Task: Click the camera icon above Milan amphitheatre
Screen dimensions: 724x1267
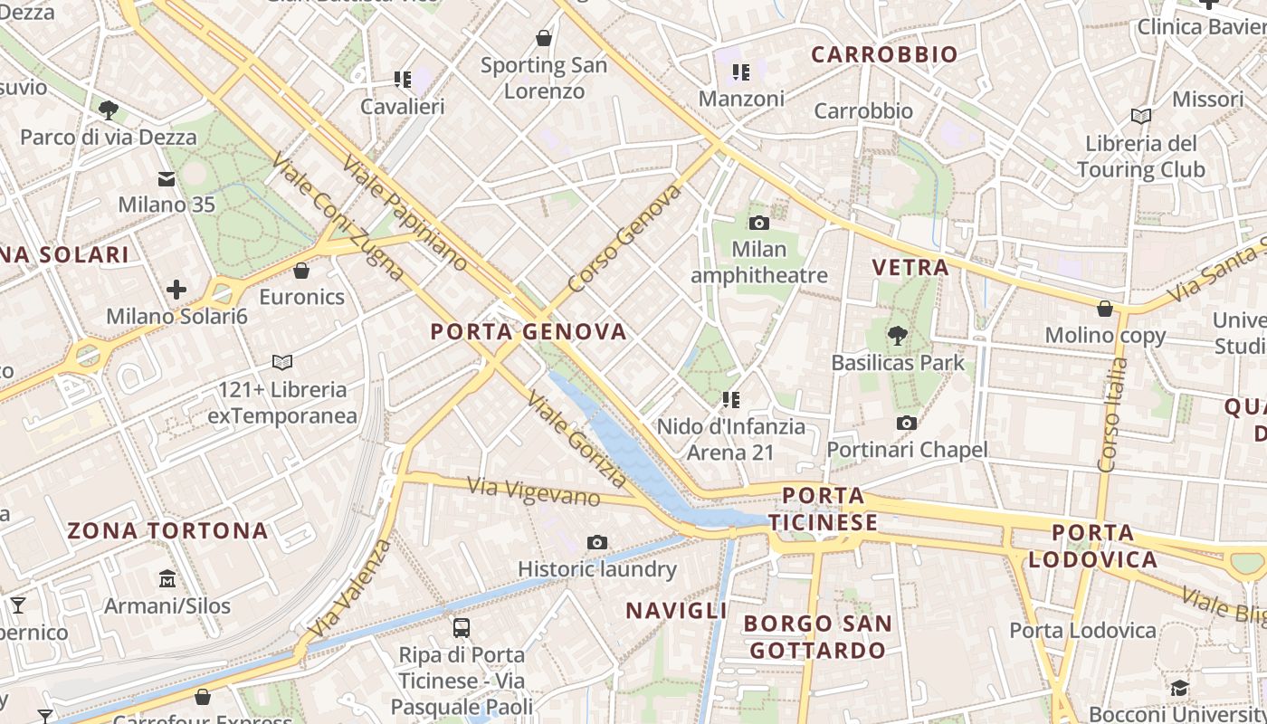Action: pyautogui.click(x=759, y=223)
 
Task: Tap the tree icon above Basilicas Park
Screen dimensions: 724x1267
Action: pyautogui.click(x=897, y=337)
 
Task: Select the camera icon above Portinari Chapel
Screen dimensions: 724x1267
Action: pyautogui.click(x=906, y=423)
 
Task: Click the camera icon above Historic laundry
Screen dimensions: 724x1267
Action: pyautogui.click(x=596, y=542)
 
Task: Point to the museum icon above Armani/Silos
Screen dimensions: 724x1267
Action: pyautogui.click(x=167, y=578)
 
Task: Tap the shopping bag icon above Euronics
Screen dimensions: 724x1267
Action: pyautogui.click(x=301, y=271)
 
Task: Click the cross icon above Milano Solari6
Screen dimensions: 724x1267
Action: pyautogui.click(x=176, y=290)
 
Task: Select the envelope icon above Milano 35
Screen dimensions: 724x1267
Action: pyautogui.click(x=167, y=178)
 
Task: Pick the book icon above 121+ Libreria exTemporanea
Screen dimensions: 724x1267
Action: pyautogui.click(x=282, y=363)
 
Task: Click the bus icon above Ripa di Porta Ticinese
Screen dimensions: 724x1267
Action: pyautogui.click(x=461, y=627)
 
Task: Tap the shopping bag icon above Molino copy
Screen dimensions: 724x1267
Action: pyautogui.click(x=1104, y=309)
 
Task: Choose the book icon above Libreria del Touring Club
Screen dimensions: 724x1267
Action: pyautogui.click(x=1141, y=117)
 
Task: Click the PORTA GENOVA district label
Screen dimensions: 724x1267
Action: pyautogui.click(x=529, y=331)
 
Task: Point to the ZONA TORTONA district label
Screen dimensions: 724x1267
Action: pyautogui.click(x=168, y=530)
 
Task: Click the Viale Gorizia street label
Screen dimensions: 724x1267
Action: pyautogui.click(x=576, y=438)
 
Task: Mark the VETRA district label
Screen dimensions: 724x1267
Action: pyautogui.click(x=910, y=267)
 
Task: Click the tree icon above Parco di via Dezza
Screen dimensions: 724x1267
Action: pyautogui.click(x=109, y=110)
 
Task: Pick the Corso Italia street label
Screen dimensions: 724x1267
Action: pyautogui.click(x=1111, y=414)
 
